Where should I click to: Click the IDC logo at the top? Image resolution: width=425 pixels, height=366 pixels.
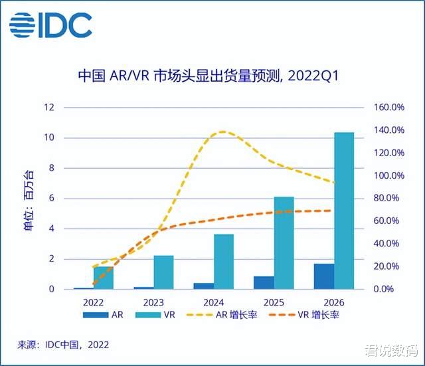tap(50, 26)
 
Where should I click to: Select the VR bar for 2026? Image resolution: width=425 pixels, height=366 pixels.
tap(343, 211)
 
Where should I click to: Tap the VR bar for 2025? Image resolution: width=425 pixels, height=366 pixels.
tap(284, 243)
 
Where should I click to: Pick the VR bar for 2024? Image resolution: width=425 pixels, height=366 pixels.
tap(224, 262)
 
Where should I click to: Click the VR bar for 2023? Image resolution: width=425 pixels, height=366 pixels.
tap(163, 272)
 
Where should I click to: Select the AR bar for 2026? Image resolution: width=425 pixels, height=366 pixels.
tap(323, 276)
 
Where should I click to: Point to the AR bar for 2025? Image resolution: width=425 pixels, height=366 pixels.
tap(264, 283)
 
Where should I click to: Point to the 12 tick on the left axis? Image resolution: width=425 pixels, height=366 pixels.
tap(48, 107)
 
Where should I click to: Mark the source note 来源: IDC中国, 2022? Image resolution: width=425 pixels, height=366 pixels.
tap(63, 345)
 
